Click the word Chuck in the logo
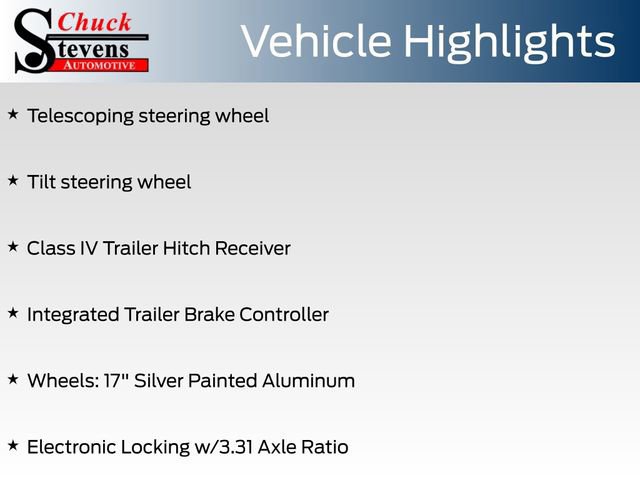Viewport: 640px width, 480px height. (x=95, y=21)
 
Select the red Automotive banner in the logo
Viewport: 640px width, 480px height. (x=101, y=65)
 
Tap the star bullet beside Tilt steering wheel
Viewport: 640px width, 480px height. (x=13, y=181)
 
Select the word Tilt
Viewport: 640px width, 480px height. (x=41, y=182)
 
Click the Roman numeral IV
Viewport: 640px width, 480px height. (x=92, y=248)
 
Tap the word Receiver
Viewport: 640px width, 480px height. (x=258, y=248)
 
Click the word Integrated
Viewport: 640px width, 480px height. (x=73, y=314)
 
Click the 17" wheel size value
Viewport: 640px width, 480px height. (x=115, y=380)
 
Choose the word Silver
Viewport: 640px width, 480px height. (x=159, y=380)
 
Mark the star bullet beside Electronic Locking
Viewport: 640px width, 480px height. (x=13, y=446)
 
